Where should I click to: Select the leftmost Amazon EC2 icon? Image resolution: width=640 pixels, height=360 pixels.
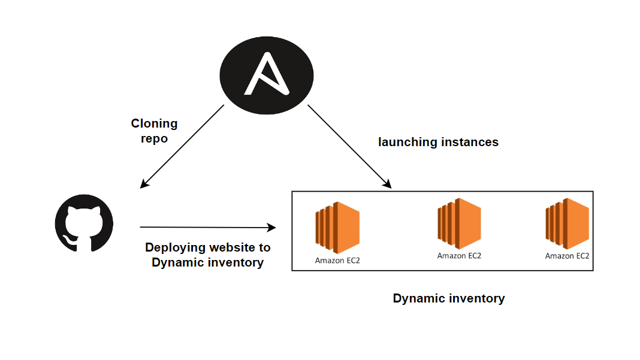pos(337,228)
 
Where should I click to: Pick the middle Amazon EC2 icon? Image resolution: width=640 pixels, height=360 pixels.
pos(459,223)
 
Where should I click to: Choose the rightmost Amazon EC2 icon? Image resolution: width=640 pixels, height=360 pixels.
pos(567,224)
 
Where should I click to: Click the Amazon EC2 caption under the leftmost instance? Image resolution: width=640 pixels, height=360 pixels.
pos(337,261)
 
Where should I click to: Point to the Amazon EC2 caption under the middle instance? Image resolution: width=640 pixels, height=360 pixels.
pos(459,256)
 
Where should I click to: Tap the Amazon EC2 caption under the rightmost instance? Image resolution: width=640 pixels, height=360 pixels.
pos(567,256)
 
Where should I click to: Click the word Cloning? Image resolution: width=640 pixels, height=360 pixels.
pos(155,123)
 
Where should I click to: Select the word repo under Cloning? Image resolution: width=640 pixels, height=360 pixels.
pos(155,138)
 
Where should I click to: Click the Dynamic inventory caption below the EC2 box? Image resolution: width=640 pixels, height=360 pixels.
pos(449,298)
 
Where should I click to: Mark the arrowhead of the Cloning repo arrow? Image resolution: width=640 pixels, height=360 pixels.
pos(143,185)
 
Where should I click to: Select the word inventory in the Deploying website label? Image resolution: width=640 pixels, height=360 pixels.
pos(233,262)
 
